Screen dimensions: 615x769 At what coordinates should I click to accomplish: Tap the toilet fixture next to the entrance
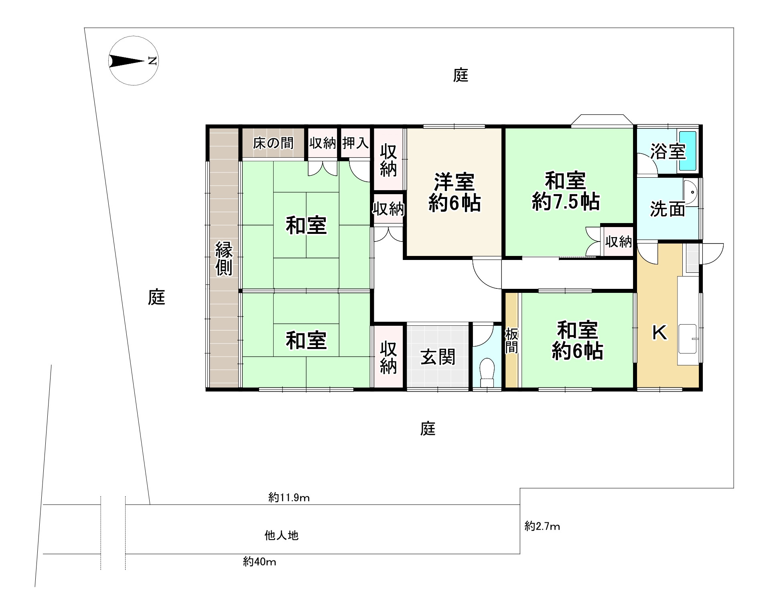487,371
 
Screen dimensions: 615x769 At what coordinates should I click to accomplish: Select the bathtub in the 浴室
687,151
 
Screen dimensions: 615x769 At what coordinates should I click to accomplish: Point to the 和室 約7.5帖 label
566,191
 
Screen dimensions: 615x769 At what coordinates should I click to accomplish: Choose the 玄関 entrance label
438,357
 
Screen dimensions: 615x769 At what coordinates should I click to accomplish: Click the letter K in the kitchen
659,332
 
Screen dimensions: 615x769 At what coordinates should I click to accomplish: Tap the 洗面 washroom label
667,209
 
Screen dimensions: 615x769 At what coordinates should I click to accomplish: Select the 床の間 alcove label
273,143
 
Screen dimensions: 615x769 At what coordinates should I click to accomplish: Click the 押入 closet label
355,143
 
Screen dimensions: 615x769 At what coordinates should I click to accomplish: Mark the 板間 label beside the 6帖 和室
511,340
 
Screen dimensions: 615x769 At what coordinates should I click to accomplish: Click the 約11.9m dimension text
289,498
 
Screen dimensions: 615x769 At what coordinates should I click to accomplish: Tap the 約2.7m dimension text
542,526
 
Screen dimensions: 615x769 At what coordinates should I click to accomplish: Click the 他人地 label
282,535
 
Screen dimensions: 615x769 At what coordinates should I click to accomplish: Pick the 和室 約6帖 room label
577,341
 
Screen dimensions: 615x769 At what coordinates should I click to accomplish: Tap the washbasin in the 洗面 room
690,194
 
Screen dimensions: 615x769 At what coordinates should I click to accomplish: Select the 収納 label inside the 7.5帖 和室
619,242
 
